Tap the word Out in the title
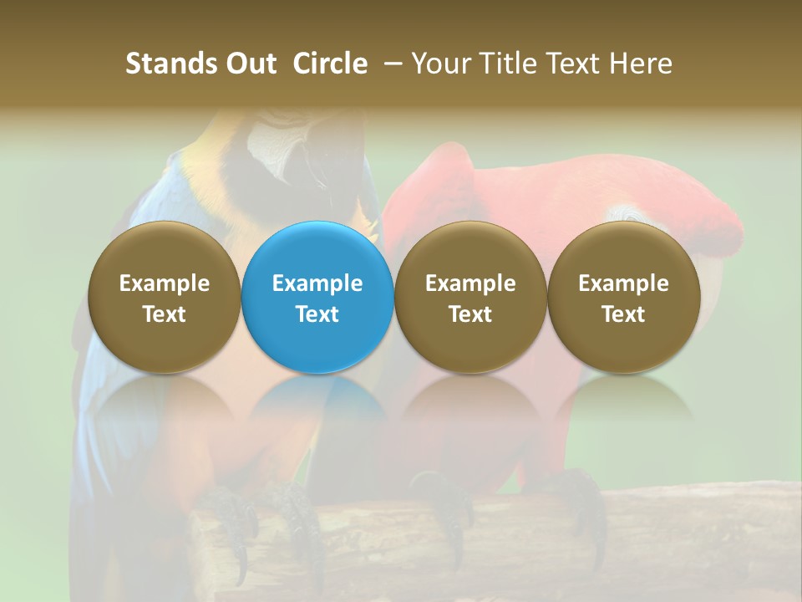point(248,64)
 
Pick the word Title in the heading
point(503,64)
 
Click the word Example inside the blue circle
point(317,283)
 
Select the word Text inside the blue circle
point(317,314)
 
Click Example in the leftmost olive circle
point(165,283)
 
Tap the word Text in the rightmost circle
point(623,314)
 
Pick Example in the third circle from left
point(470,283)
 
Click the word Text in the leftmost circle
point(165,314)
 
